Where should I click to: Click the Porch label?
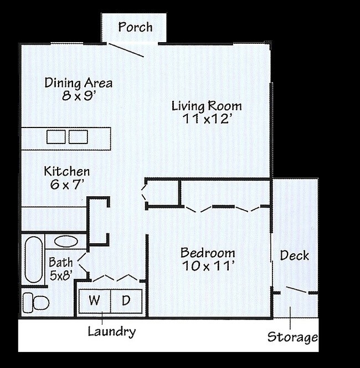[135, 27]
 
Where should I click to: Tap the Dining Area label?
[79, 83]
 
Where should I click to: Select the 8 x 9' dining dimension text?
[79, 95]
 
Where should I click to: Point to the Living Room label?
[206, 106]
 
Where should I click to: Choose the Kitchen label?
[66, 172]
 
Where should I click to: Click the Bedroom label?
[208, 253]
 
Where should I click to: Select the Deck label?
[294, 255]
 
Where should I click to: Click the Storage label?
[292, 337]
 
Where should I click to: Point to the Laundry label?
[111, 332]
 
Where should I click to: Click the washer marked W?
[95, 301]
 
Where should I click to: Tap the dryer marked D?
[126, 301]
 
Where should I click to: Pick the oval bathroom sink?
[66, 242]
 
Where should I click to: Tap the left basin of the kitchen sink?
[55, 136]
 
